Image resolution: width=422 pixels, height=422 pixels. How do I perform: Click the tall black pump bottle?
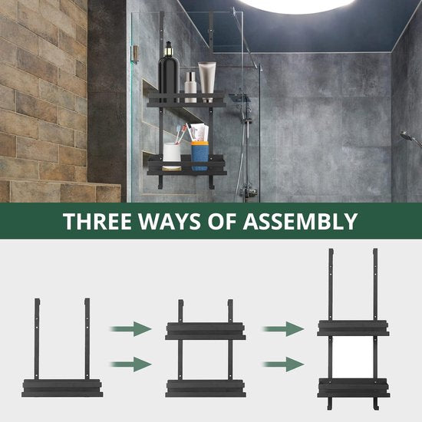click(169, 73)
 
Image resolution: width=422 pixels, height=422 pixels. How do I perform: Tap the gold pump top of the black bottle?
click(169, 48)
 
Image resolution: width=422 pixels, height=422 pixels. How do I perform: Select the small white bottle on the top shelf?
click(190, 87)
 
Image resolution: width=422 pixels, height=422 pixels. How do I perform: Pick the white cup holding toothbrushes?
click(172, 157)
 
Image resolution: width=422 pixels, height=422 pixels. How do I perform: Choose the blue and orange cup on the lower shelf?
click(199, 156)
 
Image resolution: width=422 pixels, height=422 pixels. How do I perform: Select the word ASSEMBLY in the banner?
click(300, 221)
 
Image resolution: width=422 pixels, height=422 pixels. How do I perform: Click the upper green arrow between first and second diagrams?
click(131, 328)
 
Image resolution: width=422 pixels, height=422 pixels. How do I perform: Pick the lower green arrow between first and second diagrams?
click(131, 364)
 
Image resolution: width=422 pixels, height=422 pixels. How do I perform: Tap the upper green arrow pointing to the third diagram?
click(283, 328)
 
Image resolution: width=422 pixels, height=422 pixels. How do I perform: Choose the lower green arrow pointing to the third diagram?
click(283, 364)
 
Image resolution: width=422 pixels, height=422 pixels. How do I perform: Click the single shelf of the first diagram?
click(62, 387)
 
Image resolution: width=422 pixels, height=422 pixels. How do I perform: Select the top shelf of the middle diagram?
click(206, 331)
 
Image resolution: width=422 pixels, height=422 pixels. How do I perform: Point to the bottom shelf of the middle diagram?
click(206, 388)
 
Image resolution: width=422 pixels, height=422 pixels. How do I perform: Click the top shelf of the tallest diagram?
click(354, 328)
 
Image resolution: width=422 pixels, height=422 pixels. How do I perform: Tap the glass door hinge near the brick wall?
click(135, 54)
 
